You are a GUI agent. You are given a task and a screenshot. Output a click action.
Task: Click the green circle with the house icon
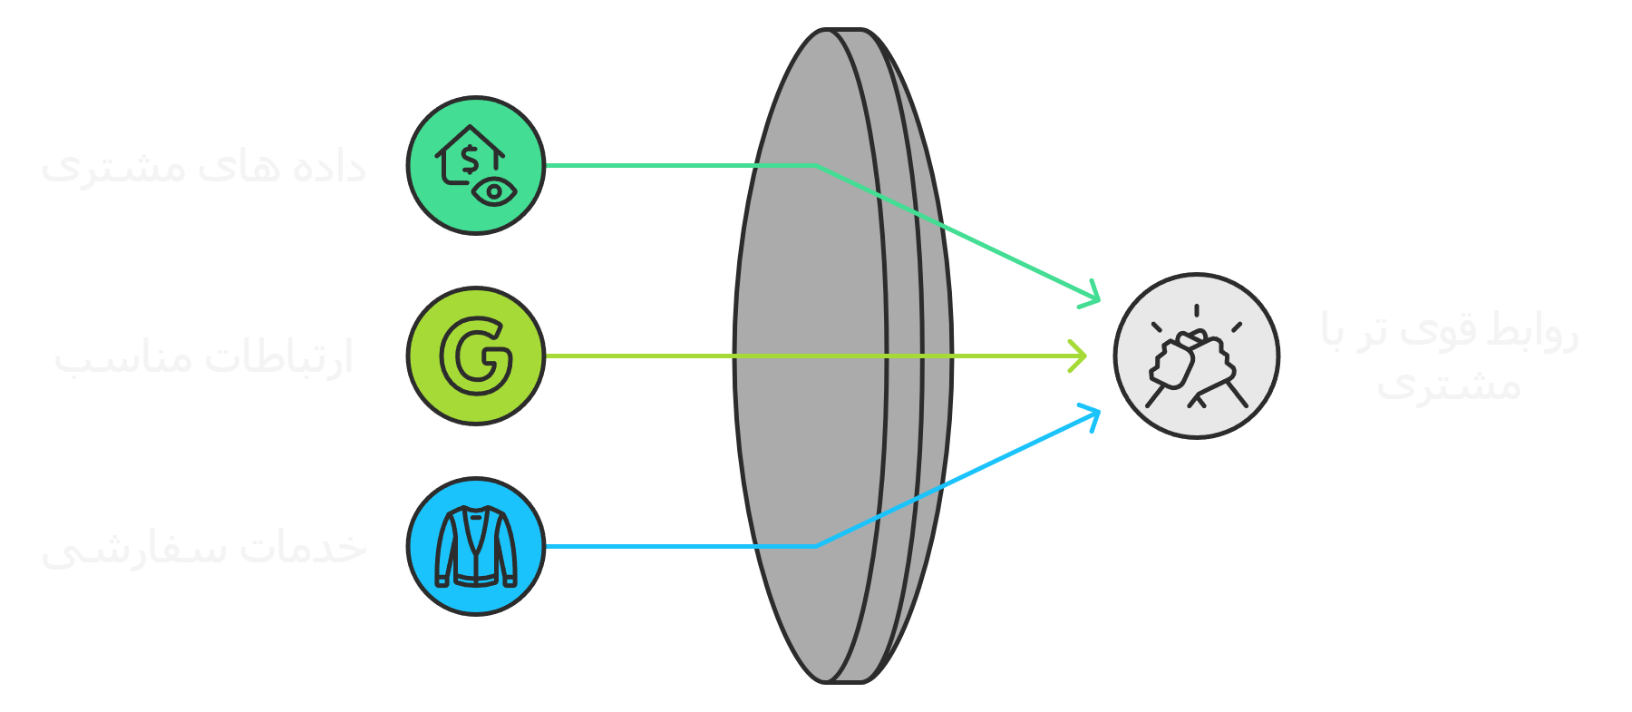(475, 165)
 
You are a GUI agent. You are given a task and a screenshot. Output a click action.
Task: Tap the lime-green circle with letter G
(475, 356)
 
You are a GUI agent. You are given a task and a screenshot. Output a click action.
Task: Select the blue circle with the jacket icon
(475, 546)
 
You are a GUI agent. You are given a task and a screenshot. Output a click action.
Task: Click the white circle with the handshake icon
(1196, 356)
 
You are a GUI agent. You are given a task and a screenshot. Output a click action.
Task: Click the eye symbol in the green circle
(494, 191)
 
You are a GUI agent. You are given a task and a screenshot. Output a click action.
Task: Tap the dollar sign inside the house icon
(469, 160)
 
